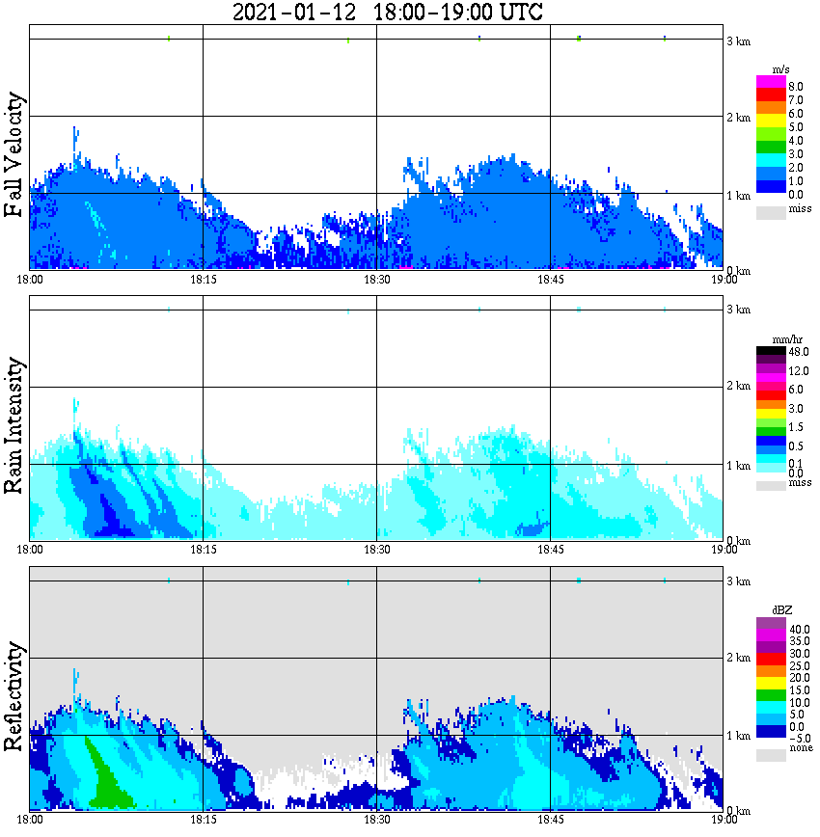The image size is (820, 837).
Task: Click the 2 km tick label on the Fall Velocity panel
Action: coord(737,119)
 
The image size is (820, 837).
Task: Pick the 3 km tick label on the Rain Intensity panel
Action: coord(737,310)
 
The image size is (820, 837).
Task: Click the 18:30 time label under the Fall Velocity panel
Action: coord(376,280)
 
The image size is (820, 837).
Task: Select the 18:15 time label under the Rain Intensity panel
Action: coord(203,550)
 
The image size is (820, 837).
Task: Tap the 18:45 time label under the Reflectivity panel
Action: coord(550,820)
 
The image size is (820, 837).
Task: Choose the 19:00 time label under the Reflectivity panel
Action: coord(724,820)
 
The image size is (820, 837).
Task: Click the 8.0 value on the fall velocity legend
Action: coord(796,86)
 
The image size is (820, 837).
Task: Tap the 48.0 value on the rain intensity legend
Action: coord(796,352)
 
